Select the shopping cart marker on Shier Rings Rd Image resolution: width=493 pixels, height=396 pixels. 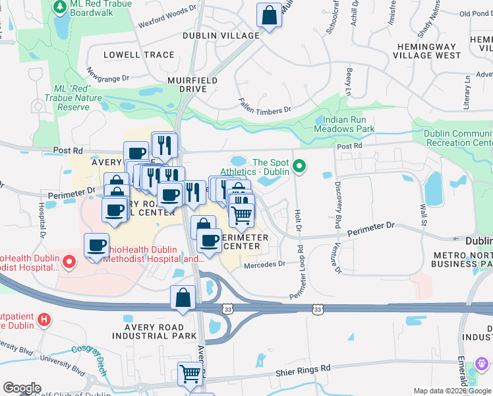point(190,374)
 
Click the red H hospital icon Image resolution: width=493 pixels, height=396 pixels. point(43,321)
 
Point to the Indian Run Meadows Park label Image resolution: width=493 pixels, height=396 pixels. point(349,125)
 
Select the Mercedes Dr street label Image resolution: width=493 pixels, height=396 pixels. point(264,265)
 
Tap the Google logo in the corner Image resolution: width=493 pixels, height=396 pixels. point(22,388)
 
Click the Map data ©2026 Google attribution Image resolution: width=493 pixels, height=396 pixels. point(451,391)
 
